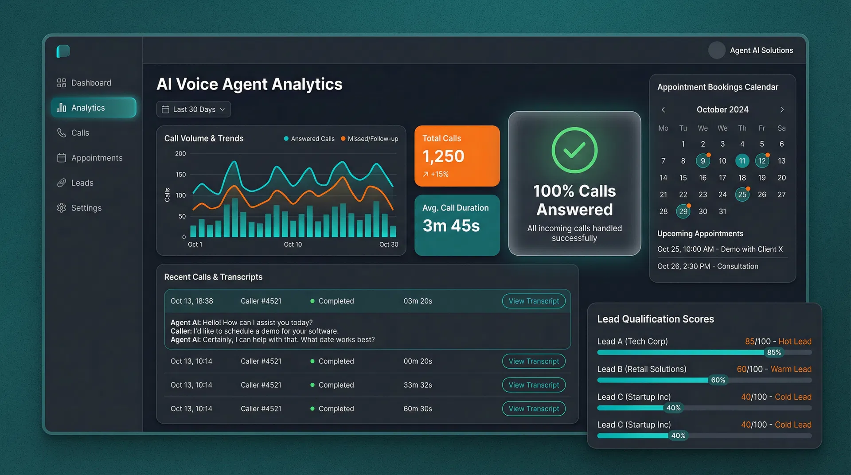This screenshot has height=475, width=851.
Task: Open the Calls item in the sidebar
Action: [80, 133]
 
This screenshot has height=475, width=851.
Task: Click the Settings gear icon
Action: [62, 208]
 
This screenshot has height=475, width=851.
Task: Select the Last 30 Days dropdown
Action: [194, 109]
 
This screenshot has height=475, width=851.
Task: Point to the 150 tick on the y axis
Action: [180, 175]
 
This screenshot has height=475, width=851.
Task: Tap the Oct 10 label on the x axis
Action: [293, 245]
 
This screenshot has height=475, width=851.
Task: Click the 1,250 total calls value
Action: [443, 156]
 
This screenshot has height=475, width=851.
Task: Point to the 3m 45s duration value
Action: [451, 226]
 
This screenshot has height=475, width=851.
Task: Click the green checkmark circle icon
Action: [574, 150]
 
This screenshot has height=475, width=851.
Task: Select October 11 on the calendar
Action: [742, 161]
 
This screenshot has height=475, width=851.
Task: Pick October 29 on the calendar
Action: [683, 211]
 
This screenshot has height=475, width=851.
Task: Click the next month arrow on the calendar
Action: [782, 109]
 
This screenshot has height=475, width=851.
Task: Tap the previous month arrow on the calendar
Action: [664, 109]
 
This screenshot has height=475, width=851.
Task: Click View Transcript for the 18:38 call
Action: [534, 301]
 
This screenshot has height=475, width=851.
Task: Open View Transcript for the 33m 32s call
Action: [534, 385]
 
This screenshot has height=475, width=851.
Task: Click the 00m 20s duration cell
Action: [418, 361]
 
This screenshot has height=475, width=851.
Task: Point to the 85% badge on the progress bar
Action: [774, 353]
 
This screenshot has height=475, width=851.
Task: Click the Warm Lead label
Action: [791, 369]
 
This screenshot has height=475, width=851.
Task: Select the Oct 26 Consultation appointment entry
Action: [708, 266]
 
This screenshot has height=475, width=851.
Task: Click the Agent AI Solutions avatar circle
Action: [717, 50]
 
